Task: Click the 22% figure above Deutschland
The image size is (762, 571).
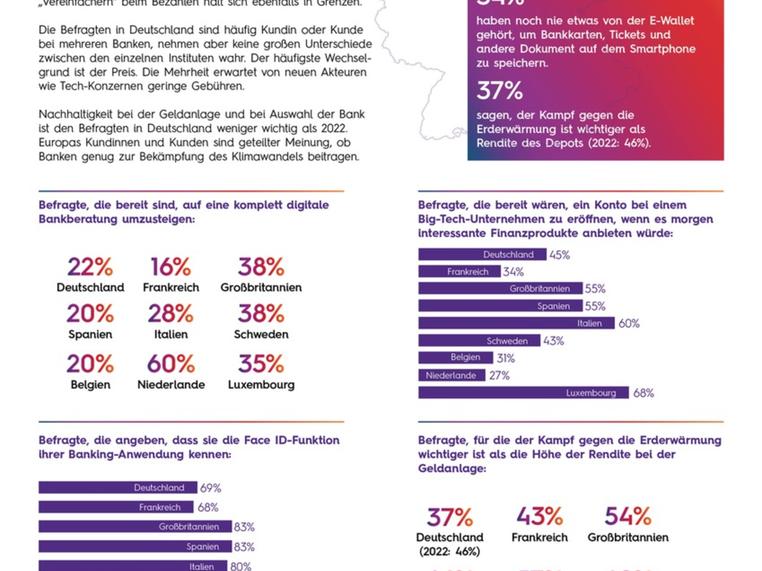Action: (90, 267)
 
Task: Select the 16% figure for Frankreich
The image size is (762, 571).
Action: (171, 267)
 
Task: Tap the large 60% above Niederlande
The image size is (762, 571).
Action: (171, 364)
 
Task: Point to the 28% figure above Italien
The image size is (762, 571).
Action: (171, 313)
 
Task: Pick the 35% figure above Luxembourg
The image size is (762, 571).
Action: (261, 364)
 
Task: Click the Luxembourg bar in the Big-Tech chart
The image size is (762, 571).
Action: (523, 393)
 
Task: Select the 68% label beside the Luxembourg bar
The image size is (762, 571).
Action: (643, 393)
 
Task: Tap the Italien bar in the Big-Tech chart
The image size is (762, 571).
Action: (516, 323)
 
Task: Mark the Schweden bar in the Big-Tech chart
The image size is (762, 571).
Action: (479, 341)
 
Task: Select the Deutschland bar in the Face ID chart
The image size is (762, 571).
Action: (117, 488)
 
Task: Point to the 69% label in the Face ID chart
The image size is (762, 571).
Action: (211, 489)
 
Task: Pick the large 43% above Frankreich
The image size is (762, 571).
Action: (540, 516)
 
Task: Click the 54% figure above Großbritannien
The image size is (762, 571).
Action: (628, 516)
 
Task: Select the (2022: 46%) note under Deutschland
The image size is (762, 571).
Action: (450, 551)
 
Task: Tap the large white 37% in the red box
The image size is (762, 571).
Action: (500, 91)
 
